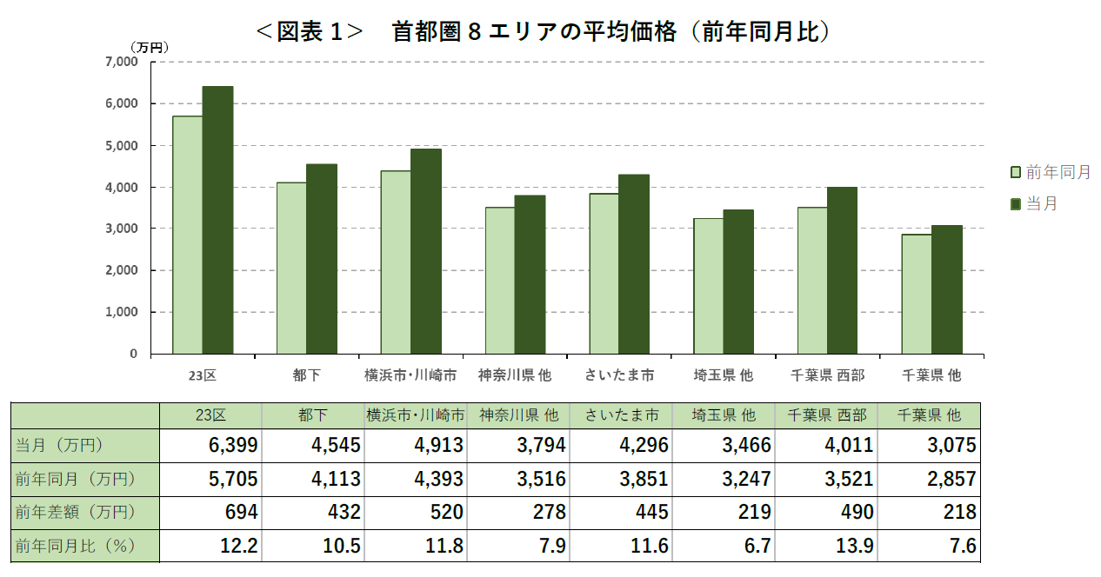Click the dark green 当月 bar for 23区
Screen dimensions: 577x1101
(x=217, y=220)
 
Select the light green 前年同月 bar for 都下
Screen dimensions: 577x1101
(x=291, y=268)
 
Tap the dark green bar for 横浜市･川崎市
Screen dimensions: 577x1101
(x=426, y=251)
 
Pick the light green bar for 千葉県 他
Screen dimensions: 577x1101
(x=916, y=294)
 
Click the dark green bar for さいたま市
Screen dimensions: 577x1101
(x=634, y=264)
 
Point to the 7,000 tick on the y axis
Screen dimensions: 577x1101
(x=121, y=62)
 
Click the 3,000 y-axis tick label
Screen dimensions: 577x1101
(x=121, y=229)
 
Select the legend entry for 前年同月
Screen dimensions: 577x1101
(x=1051, y=172)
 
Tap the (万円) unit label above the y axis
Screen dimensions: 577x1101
(x=149, y=47)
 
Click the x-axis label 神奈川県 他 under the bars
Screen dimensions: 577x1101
(x=515, y=375)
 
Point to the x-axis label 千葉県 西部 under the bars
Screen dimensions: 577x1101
(x=827, y=375)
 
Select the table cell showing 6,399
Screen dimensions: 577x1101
(x=233, y=446)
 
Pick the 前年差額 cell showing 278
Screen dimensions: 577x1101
(x=547, y=513)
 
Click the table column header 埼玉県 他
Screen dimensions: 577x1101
(x=724, y=415)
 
